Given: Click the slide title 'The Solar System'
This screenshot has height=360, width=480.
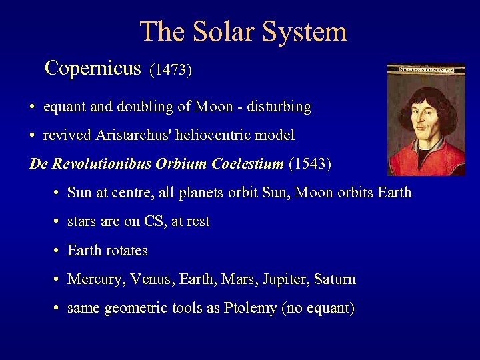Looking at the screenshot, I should pos(243,31).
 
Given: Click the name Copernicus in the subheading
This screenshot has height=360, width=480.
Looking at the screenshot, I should pos(93,68).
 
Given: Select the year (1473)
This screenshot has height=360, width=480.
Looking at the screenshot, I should pos(171,70).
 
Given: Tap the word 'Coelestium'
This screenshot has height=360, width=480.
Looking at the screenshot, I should pos(246,164).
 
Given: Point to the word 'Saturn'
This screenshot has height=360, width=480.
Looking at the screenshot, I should pos(335,279).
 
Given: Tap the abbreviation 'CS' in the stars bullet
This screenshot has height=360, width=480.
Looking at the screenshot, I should pos(153,221).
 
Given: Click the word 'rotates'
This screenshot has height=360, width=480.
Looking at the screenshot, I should pos(127,251).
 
